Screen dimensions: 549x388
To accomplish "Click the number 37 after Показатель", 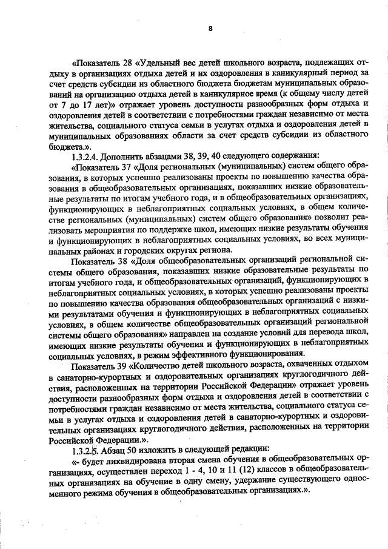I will pos(126,166).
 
